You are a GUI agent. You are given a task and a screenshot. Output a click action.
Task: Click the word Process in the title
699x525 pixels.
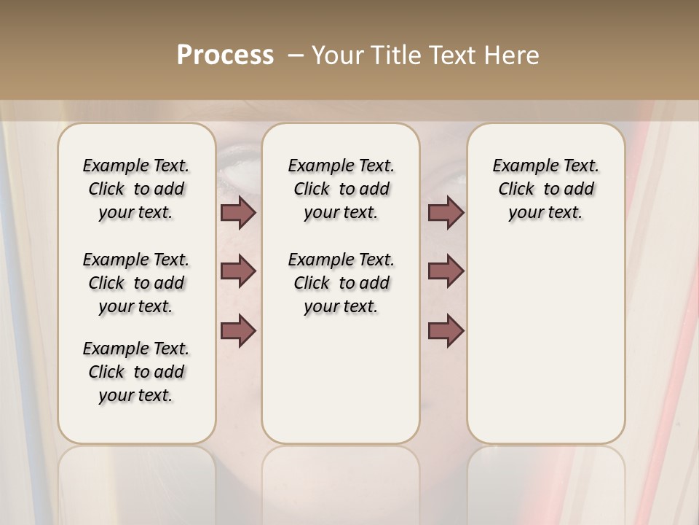tap(225, 55)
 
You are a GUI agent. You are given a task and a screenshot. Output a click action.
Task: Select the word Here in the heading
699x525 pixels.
tap(513, 55)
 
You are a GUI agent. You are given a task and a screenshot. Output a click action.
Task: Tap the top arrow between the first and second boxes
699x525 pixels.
tap(238, 213)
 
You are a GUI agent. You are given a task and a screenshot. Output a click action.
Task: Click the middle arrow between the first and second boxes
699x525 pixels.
tap(238, 271)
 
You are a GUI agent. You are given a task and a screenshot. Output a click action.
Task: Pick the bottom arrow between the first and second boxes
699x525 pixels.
tap(238, 330)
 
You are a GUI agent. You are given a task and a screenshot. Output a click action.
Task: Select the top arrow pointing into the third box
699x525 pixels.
tap(446, 213)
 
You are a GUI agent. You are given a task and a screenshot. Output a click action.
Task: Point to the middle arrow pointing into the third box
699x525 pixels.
tap(446, 271)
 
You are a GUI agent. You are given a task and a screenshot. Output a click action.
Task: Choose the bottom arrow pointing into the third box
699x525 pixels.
tap(446, 330)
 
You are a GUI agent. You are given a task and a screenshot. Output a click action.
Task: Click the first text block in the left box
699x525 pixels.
tap(136, 189)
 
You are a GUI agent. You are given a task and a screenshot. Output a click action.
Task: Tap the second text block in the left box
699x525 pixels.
tap(136, 283)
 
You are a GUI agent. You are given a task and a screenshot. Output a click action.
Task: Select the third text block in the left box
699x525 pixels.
tap(136, 372)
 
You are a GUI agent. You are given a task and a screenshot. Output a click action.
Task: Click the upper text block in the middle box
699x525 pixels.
tap(341, 189)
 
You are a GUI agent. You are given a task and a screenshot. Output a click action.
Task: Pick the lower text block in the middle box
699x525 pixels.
tap(341, 283)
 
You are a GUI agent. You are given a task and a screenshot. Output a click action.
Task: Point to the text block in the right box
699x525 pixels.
tap(545, 189)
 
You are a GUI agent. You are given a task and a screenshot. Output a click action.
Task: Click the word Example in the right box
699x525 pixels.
tap(521, 166)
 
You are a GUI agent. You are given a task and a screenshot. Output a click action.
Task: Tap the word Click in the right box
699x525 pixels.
tap(516, 190)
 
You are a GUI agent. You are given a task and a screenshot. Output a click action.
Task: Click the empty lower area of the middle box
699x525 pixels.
tap(341, 379)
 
